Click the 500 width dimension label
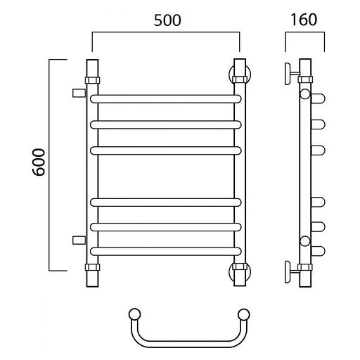(167, 20)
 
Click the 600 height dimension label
(39, 162)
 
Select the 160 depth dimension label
(304, 20)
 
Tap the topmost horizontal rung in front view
(166, 99)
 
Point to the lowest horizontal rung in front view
(166, 251)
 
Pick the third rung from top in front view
(166, 150)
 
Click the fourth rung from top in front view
(166, 202)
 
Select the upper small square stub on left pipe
(79, 93)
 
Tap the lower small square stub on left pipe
(79, 240)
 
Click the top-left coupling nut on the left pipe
(92, 80)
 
